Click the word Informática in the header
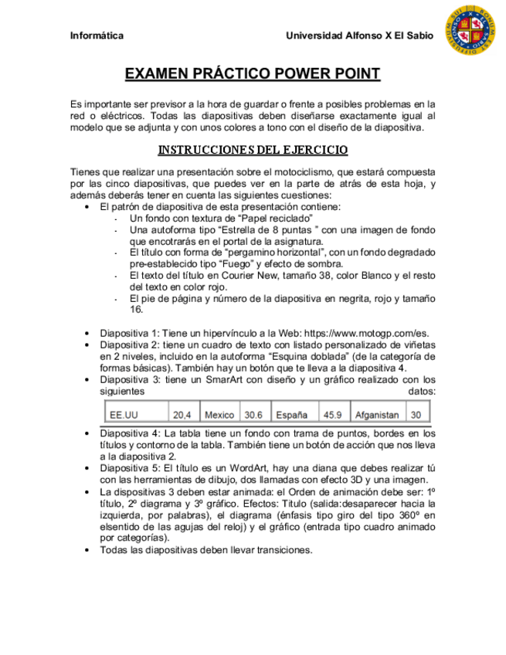pyautogui.click(x=97, y=36)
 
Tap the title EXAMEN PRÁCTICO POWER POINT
pyautogui.click(x=253, y=74)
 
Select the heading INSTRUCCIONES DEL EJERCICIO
pyautogui.click(x=253, y=150)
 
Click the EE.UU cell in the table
pyautogui.click(x=122, y=415)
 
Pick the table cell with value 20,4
pyautogui.click(x=182, y=415)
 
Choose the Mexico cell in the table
pyautogui.click(x=219, y=415)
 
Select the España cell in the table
pyautogui.click(x=292, y=415)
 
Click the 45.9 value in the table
pyautogui.click(x=333, y=415)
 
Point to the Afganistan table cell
pyautogui.click(x=377, y=415)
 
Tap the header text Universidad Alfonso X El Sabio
pyautogui.click(x=359, y=36)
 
